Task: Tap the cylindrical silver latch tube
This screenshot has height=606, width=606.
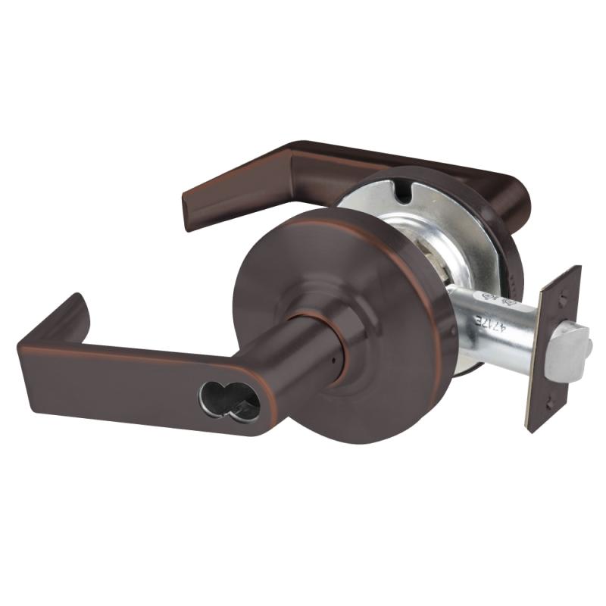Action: coord(492,322)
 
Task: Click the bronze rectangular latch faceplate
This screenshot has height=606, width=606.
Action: coord(553,348)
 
